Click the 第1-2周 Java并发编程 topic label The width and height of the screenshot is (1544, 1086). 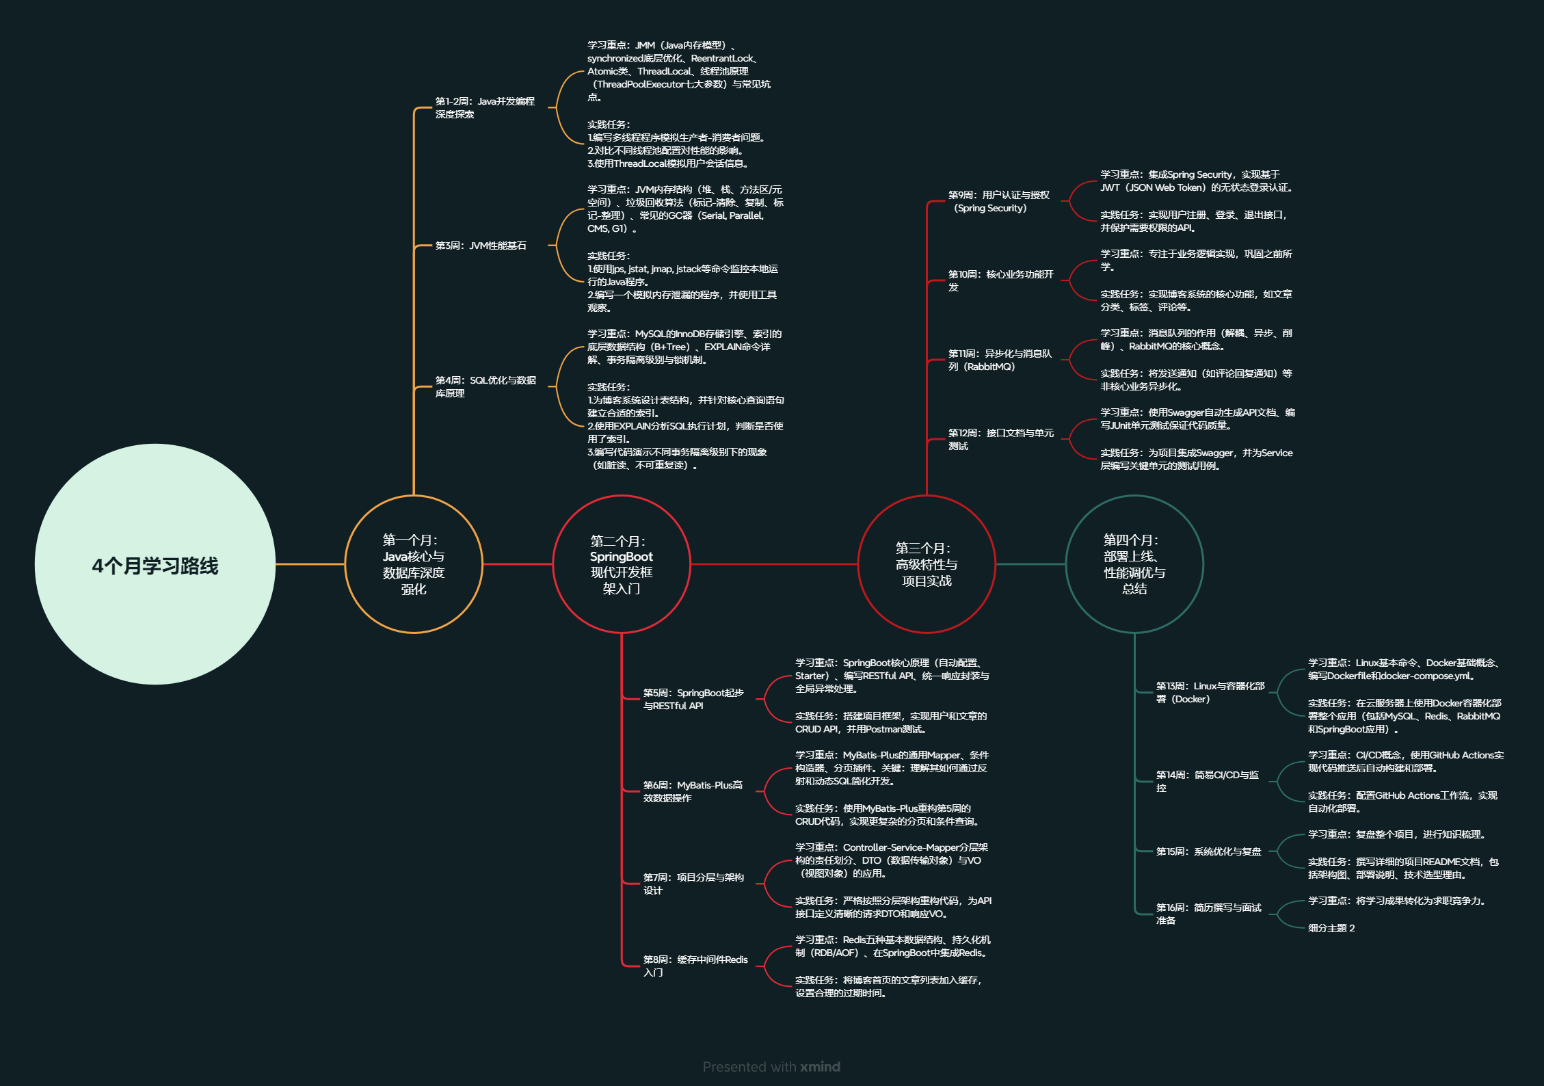[485, 107]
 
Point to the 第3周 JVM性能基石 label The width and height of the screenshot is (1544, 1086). [481, 246]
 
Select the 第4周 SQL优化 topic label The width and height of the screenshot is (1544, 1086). [486, 386]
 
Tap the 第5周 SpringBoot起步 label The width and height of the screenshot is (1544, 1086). [693, 699]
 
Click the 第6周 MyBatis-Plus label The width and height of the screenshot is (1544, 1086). [693, 791]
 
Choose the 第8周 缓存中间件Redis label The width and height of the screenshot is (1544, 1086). [695, 966]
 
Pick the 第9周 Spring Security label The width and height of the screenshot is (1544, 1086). [998, 201]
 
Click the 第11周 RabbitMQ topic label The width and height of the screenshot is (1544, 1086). [1000, 360]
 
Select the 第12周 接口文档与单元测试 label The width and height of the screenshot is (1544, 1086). [1001, 439]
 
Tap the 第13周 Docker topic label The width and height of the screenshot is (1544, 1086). [1210, 692]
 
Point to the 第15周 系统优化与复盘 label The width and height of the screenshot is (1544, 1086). [1208, 851]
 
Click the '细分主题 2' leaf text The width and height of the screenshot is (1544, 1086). [1331, 928]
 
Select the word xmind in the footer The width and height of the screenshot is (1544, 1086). [821, 1066]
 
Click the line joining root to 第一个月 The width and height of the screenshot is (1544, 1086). [310, 564]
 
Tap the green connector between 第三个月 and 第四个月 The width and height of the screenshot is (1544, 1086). [1030, 564]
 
